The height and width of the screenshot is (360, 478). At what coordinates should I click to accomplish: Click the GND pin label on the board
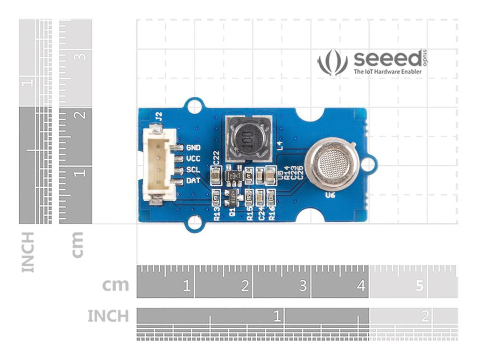coord(193,148)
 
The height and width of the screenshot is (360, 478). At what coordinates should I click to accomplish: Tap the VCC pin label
coord(193,159)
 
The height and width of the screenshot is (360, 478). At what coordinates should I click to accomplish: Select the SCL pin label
coord(193,169)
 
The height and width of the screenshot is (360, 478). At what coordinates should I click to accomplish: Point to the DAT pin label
coord(193,180)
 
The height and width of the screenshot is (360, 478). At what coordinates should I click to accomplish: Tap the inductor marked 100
coord(246,138)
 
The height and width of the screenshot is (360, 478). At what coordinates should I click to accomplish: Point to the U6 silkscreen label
coord(330,196)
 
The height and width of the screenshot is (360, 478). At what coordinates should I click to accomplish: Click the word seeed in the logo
coord(387,59)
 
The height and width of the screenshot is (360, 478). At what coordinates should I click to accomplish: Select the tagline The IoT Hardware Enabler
coord(387,72)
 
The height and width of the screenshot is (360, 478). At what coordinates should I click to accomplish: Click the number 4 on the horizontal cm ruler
coord(361,286)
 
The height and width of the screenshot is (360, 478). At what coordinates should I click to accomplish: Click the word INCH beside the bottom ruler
coord(108,316)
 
